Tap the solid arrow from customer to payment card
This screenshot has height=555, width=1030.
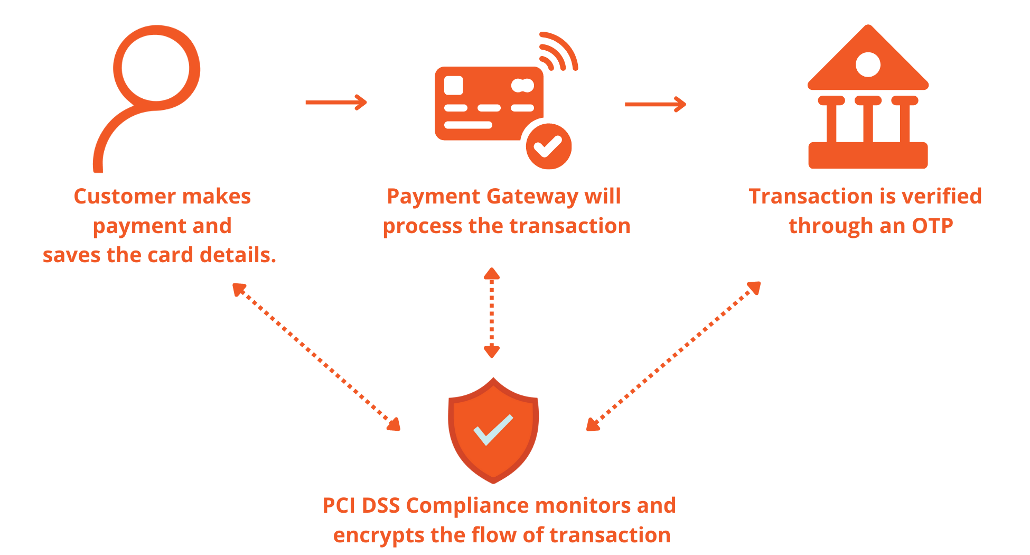tap(336, 102)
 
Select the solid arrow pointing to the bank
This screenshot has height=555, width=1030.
tap(655, 104)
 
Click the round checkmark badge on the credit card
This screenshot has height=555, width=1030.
tap(549, 146)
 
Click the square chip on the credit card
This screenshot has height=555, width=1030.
tap(454, 86)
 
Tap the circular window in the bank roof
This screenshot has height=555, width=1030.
tap(868, 64)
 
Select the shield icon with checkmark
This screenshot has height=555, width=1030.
tap(493, 430)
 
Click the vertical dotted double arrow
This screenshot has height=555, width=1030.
tap(492, 312)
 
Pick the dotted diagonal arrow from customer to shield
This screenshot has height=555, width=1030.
tap(316, 357)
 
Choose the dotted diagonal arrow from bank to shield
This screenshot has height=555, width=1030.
tap(673, 356)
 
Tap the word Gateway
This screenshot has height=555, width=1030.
tap(532, 197)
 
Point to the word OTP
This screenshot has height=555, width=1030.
tap(932, 226)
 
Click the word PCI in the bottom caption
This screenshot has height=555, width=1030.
tap(339, 506)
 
